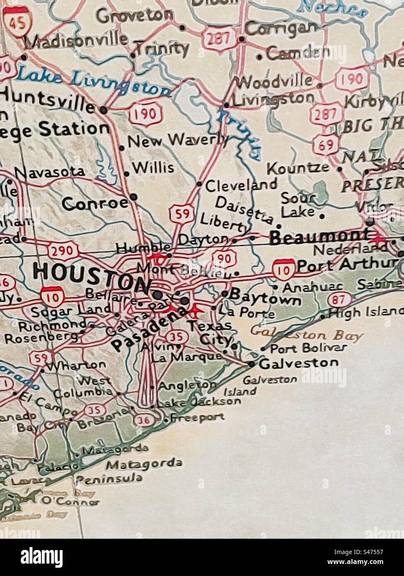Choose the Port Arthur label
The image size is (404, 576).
click(347, 264)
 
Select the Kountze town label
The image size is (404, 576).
click(298, 168)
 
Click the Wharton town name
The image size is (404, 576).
click(76, 365)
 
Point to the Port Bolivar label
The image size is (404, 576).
click(307, 348)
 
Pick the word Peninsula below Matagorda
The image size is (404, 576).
click(109, 479)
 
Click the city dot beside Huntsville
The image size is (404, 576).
click(103, 110)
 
